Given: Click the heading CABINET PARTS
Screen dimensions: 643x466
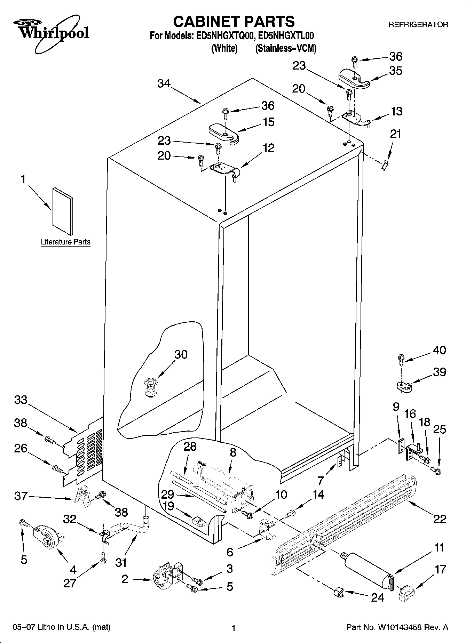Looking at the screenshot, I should click(234, 22).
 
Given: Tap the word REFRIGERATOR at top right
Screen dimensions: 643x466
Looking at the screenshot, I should click(418, 25).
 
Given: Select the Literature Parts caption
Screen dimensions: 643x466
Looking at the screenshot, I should click(65, 242).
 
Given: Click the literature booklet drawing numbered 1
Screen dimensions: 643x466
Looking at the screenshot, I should click(63, 211).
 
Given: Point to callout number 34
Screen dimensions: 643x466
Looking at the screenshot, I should click(164, 83).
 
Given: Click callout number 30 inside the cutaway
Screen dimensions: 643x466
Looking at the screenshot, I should click(181, 354).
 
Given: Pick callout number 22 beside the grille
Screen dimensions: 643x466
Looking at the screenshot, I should click(439, 519).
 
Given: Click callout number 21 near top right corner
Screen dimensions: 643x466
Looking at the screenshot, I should click(395, 134).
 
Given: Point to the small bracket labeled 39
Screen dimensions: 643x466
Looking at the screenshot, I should click(404, 386).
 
